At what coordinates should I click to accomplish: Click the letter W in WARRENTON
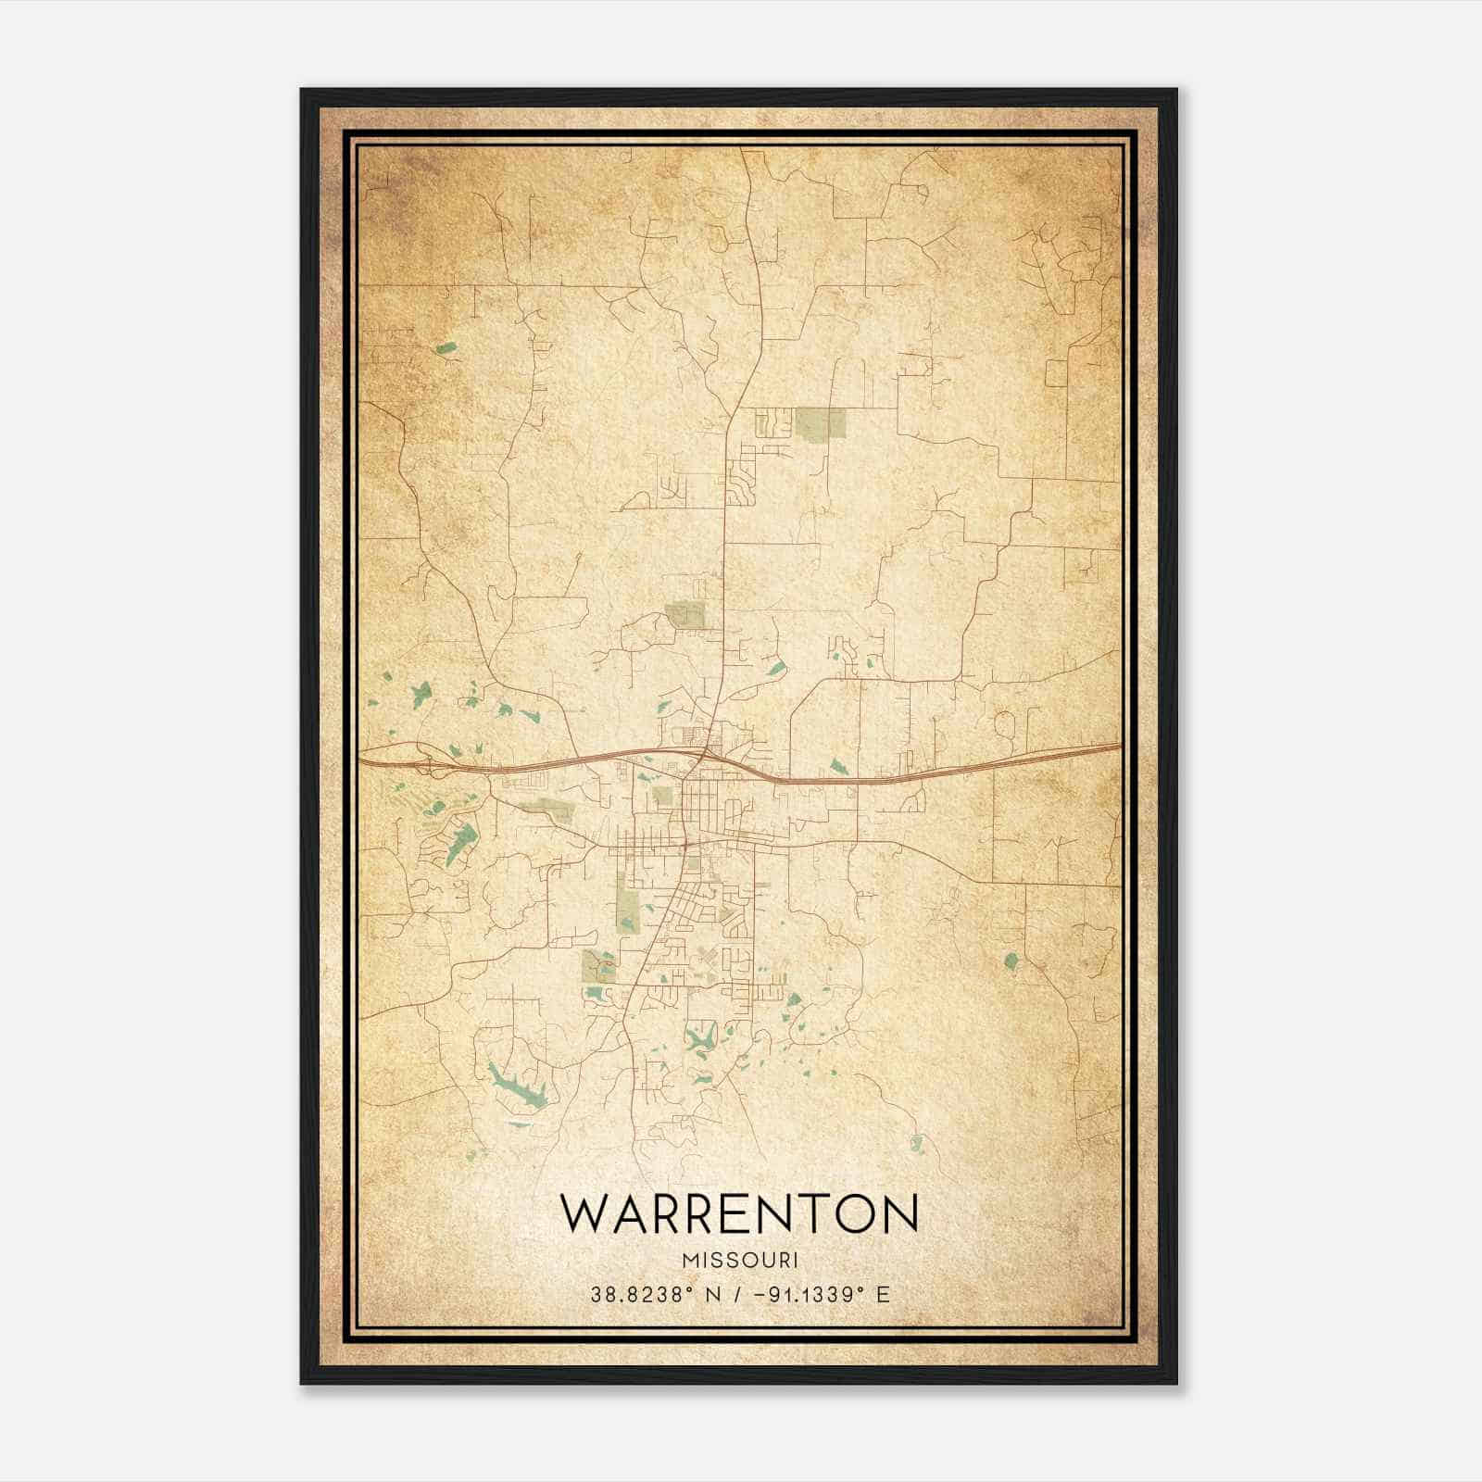[x=584, y=1214]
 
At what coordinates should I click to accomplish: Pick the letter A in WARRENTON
[x=631, y=1214]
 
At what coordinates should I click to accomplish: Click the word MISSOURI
[x=740, y=1260]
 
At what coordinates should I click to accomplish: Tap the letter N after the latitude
[x=711, y=1294]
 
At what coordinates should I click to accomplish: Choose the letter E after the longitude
[x=883, y=1294]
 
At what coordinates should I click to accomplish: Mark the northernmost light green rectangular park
[x=821, y=423]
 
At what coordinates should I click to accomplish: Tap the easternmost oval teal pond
[x=1011, y=961]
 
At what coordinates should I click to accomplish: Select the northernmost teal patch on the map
[x=447, y=349]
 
